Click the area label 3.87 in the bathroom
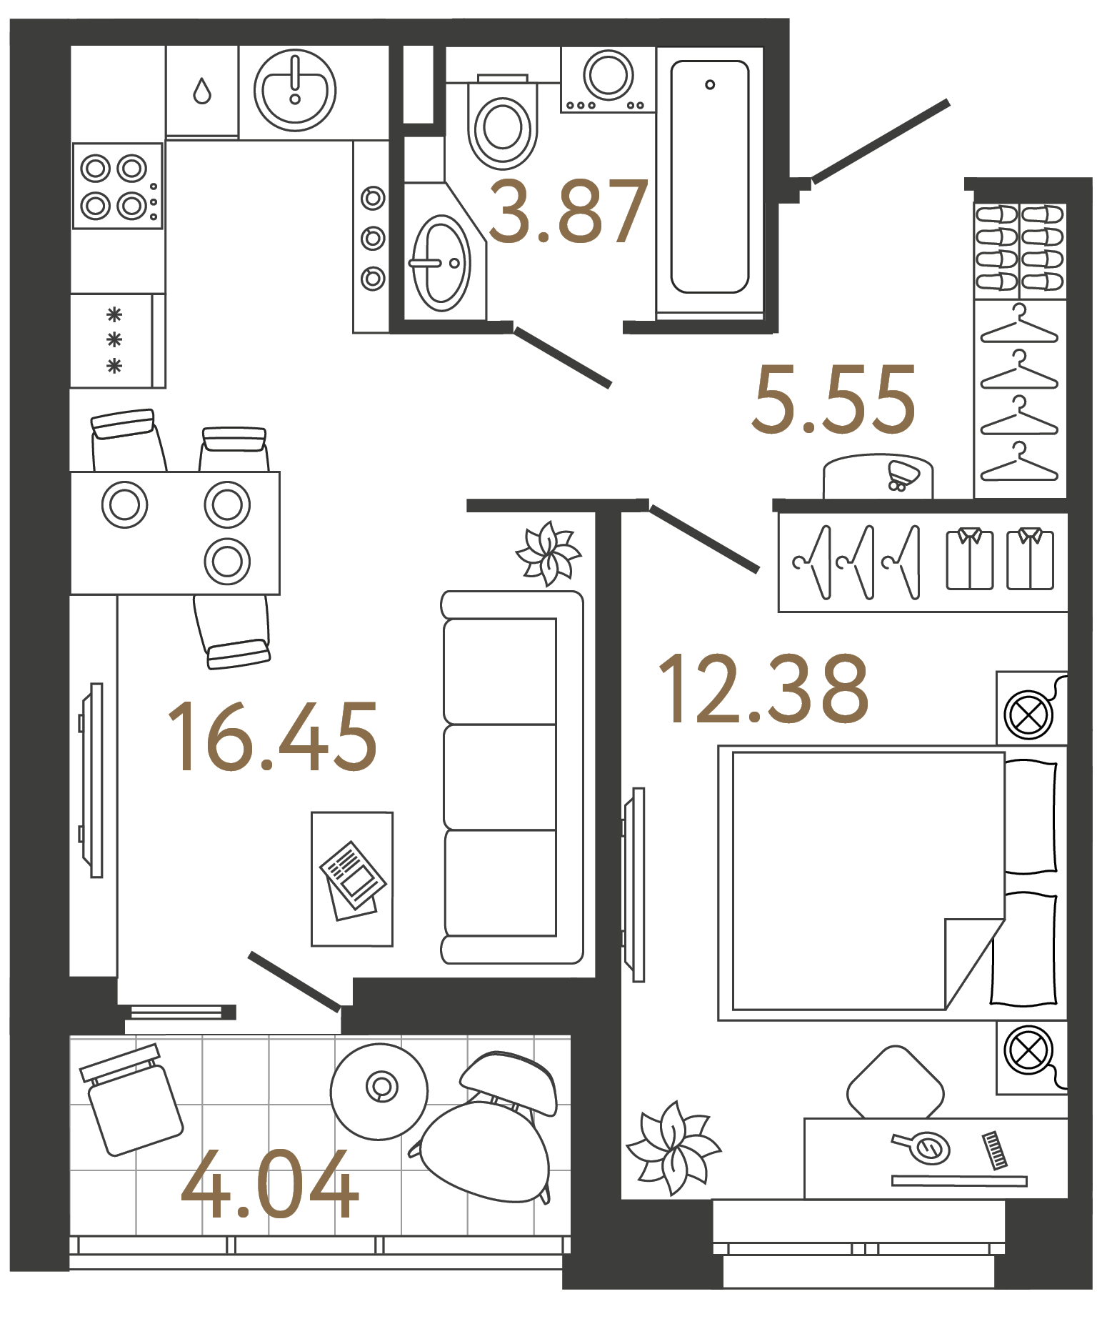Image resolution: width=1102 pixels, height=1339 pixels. [568, 212]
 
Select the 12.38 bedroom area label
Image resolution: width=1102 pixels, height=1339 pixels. [762, 689]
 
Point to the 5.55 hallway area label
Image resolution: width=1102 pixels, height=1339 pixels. [833, 399]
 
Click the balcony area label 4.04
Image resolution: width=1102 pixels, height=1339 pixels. [270, 1185]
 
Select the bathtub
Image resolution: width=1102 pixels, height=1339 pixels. [709, 177]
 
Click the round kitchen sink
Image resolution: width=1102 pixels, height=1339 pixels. [294, 91]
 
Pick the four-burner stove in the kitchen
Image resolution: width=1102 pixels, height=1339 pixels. [118, 186]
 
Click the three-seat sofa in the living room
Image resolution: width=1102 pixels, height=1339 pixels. [511, 777]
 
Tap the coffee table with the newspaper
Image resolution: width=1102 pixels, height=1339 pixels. [352, 879]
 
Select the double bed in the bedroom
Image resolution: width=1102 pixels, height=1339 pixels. [886, 882]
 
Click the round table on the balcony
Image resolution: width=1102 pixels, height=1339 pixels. [379, 1091]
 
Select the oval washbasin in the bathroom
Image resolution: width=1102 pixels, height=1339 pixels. [440, 264]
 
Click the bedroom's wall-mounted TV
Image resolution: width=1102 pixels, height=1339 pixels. [634, 885]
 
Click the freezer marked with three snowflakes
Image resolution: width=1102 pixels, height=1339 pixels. [113, 341]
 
